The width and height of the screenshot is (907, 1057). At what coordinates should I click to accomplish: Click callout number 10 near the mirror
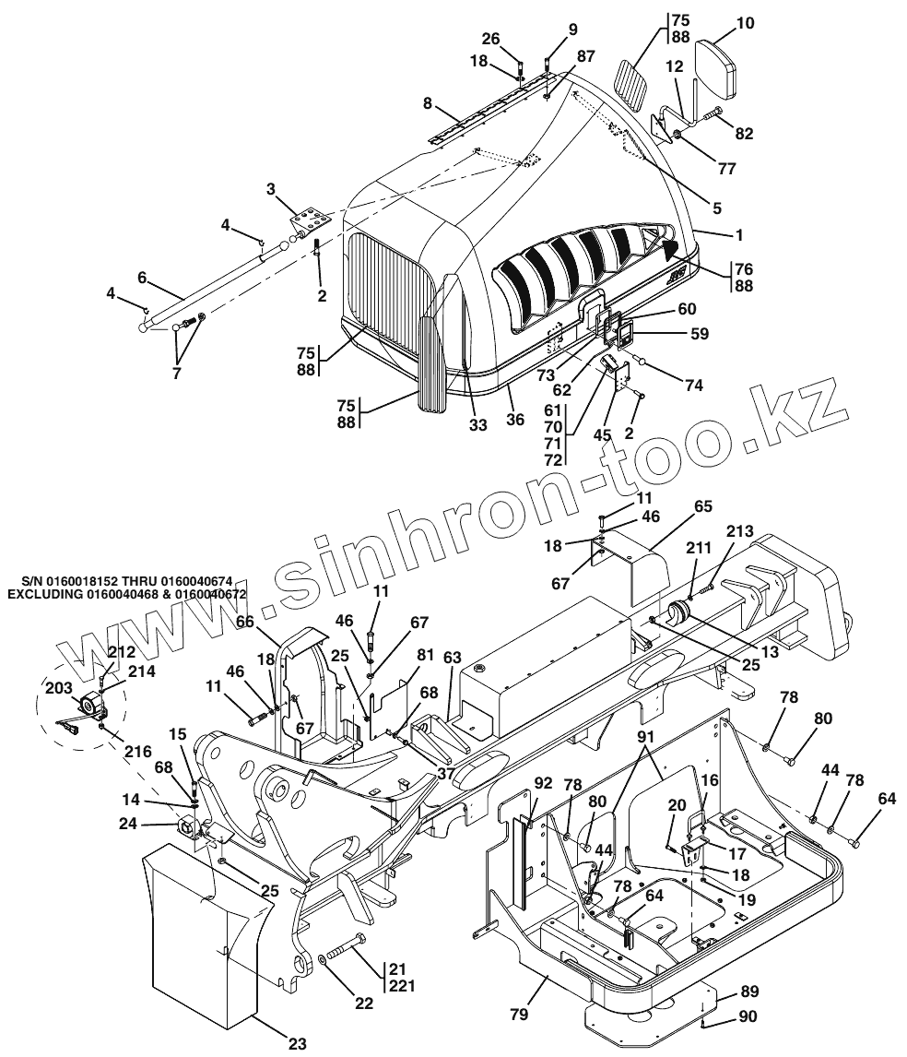click(x=745, y=23)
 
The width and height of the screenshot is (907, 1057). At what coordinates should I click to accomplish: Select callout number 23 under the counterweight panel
click(x=297, y=1043)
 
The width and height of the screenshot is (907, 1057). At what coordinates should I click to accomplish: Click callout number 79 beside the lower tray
click(x=520, y=1015)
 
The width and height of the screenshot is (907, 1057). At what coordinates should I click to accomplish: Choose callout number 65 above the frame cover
click(x=703, y=506)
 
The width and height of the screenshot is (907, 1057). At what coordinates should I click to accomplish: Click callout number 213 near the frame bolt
click(x=739, y=531)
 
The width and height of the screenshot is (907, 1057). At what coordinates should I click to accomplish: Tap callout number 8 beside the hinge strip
click(x=427, y=104)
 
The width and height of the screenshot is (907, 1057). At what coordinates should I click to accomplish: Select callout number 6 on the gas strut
click(x=142, y=277)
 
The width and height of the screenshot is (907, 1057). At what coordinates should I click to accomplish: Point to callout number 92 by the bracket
click(x=543, y=784)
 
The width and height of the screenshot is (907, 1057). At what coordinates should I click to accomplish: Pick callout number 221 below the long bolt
click(x=402, y=985)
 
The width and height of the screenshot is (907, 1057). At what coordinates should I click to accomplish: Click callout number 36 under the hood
click(x=515, y=419)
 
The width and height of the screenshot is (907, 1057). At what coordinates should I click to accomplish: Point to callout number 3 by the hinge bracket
click(x=271, y=189)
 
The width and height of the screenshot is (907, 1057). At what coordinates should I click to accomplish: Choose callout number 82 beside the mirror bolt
click(x=744, y=134)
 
